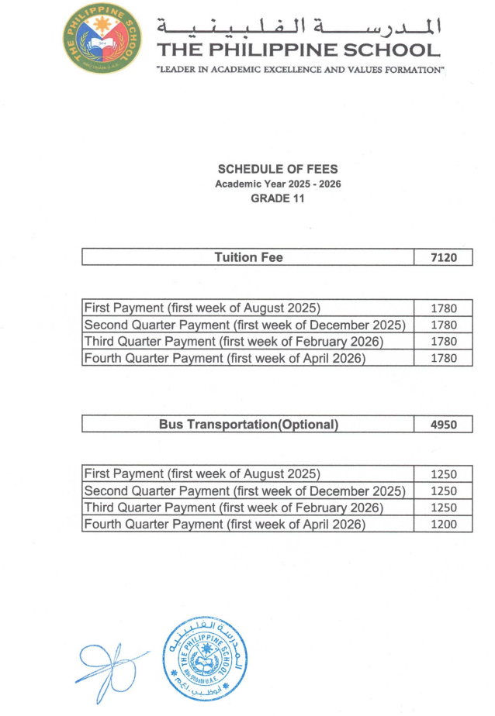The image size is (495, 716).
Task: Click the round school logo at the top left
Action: click(104, 37)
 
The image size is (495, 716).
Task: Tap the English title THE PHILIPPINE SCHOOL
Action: click(299, 51)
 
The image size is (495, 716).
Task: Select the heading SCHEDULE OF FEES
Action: click(278, 169)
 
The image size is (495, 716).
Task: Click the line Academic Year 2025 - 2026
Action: click(278, 184)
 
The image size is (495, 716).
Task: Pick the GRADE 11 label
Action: click(278, 198)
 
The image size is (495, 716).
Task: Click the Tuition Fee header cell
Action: click(248, 257)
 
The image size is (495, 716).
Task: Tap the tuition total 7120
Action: click(444, 257)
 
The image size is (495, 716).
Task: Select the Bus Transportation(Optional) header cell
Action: click(248, 425)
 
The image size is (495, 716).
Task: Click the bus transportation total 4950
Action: click(444, 425)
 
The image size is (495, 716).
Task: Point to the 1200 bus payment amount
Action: click(444, 525)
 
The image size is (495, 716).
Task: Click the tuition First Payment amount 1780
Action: click(444, 308)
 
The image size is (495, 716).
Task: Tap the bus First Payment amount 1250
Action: click(444, 474)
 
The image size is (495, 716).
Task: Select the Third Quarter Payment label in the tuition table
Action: click(234, 342)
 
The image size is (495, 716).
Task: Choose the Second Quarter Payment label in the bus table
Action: click(244, 491)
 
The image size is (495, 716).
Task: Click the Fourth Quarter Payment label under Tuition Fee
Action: click(224, 358)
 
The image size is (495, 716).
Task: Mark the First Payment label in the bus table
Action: click(202, 474)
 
